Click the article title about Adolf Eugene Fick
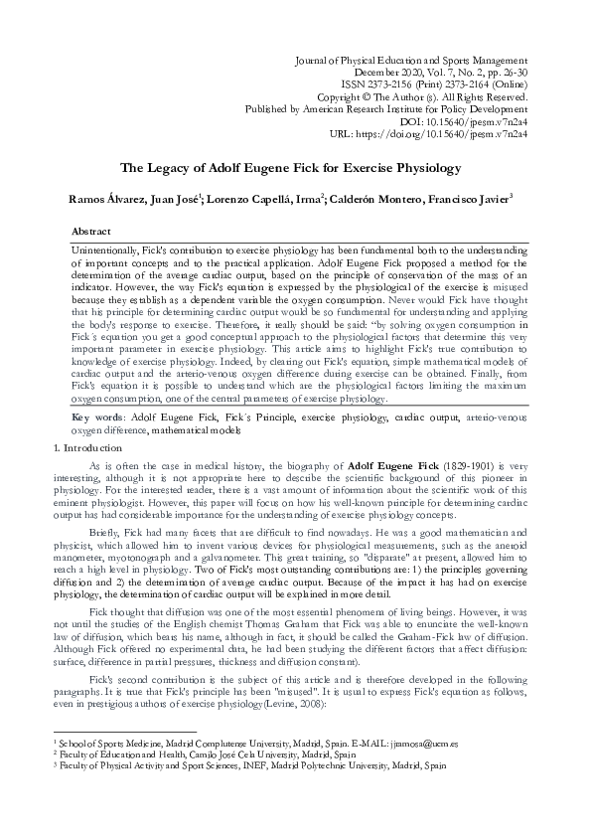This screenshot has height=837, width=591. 295,169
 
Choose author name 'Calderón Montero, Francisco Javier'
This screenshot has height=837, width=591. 428,200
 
